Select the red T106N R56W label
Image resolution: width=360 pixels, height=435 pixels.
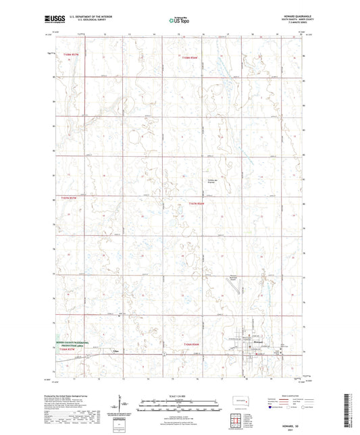(194, 344)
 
